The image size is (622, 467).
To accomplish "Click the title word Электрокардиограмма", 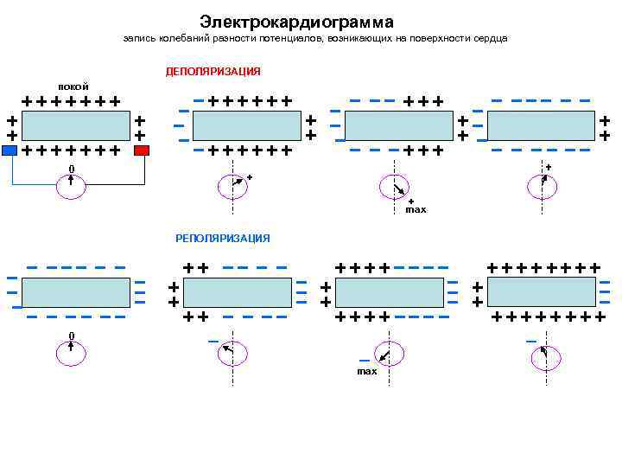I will [296, 21].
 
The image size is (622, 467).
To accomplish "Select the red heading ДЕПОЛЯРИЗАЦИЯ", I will [213, 71].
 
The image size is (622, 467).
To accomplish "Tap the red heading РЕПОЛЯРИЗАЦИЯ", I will [222, 238].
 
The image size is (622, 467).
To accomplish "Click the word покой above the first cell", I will [73, 86].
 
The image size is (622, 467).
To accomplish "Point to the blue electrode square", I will [9, 150].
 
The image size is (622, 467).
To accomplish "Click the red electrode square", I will [142, 150].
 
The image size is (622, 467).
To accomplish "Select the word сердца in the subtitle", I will [490, 39].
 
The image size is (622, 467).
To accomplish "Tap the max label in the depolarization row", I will [416, 210].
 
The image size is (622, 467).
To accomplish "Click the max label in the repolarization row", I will [367, 372].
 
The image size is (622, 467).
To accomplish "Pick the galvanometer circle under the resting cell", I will [71, 186].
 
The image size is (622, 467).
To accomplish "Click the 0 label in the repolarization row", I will [72, 336].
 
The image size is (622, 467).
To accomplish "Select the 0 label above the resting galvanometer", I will [72, 169].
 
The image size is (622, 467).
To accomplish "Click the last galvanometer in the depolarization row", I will [543, 183].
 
